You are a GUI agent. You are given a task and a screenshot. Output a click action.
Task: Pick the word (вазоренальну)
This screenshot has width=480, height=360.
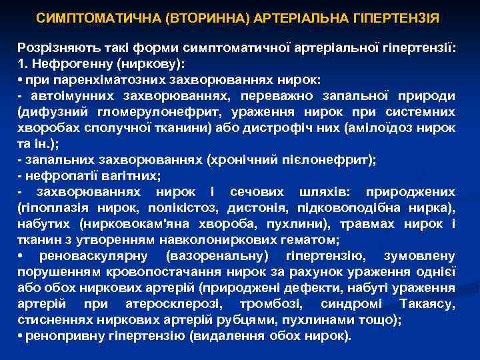click(x=211, y=256)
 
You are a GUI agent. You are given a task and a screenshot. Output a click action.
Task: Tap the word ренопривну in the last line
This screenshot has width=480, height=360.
click(x=59, y=336)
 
